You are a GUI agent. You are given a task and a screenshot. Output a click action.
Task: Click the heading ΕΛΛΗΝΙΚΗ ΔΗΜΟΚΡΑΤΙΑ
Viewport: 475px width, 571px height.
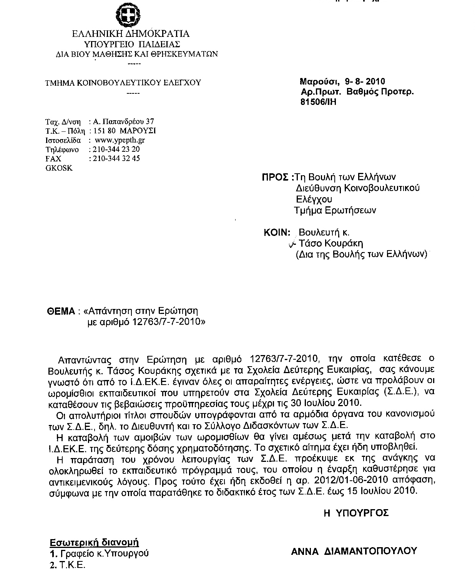pos(131,34)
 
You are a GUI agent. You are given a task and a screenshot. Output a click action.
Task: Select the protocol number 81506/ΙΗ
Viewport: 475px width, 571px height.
pos(319,102)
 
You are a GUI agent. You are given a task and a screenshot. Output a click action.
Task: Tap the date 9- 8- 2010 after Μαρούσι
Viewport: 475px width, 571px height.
pos(365,81)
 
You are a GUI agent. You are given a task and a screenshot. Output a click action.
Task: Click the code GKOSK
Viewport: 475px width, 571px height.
pos(59,168)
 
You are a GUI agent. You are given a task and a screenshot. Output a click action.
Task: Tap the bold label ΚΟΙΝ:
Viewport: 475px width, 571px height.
pos(276,232)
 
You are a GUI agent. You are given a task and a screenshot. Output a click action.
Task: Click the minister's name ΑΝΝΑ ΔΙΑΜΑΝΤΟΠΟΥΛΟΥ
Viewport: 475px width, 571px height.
pos(354,551)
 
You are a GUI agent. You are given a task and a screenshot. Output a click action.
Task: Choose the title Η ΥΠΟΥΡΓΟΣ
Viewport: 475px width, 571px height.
pos(356,513)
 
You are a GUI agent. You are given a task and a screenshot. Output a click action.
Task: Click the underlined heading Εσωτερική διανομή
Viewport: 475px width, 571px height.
pos(94,543)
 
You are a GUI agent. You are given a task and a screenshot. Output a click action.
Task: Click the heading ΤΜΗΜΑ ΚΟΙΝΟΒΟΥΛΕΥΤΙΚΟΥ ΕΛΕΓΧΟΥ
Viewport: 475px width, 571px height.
pos(123,82)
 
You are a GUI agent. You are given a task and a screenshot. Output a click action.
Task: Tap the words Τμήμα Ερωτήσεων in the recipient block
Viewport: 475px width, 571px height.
pos(335,210)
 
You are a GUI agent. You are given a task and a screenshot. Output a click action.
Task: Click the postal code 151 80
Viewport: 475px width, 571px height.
pos(102,131)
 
